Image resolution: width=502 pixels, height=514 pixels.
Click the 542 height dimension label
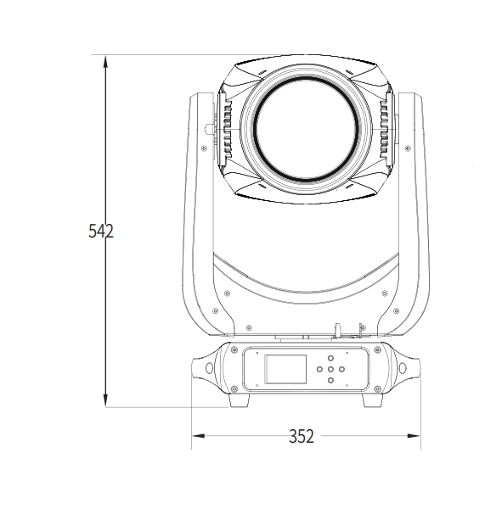point(101,231)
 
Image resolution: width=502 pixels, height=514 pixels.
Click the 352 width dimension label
point(302,436)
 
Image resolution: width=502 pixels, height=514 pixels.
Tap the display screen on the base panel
point(285,369)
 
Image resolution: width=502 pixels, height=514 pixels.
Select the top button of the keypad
point(330,358)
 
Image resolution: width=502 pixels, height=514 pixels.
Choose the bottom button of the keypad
point(330,380)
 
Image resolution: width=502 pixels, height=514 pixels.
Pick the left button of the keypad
point(319,369)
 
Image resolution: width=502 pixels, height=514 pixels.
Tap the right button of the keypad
point(341,369)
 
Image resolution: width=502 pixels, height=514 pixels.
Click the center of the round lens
point(306,129)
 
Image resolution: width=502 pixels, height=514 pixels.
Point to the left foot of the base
point(239,400)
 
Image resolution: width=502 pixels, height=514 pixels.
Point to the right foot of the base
point(373,400)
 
